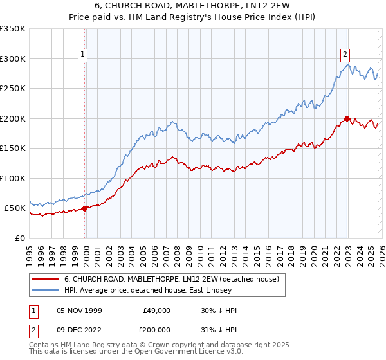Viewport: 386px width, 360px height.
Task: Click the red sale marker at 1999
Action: coord(85,208)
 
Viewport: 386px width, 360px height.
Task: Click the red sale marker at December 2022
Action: coord(347,118)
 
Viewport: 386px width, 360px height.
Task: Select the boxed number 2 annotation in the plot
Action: coord(345,55)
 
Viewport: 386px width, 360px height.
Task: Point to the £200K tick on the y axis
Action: coord(13,118)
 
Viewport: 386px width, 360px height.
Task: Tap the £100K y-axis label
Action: coord(13,178)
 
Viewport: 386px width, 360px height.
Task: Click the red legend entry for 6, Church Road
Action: coord(171,279)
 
